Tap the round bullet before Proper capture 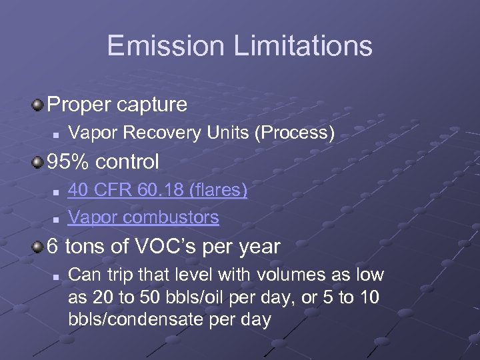[x=39, y=105]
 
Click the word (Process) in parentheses [x=295, y=133]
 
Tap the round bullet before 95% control [x=39, y=162]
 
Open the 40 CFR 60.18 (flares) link [x=157, y=191]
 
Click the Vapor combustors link [x=143, y=217]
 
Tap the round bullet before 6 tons [x=39, y=247]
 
